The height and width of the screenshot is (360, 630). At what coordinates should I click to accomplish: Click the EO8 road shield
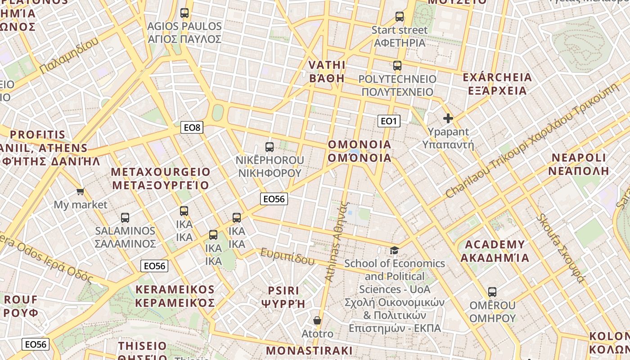pos(192,127)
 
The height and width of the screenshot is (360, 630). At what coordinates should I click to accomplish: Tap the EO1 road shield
pos(388,121)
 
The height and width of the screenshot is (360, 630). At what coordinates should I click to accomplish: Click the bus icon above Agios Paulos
pos(184,13)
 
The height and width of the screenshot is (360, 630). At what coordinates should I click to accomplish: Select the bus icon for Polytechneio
pos(397,66)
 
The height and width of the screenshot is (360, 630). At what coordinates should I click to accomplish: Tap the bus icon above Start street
pos(400,17)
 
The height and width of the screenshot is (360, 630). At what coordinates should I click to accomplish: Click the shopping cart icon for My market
pos(81,192)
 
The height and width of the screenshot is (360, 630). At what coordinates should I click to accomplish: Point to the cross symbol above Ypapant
pos(448,118)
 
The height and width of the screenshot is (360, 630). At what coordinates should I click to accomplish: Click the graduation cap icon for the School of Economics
pos(394,250)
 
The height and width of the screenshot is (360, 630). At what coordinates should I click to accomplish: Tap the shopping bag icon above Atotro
pos(317,320)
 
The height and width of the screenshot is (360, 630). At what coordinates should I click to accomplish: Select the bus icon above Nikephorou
pos(270,147)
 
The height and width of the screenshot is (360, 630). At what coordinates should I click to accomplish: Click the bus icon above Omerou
pos(492,292)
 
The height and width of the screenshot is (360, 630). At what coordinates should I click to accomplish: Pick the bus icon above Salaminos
pos(125,217)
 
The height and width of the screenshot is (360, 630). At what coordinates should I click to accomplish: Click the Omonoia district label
pos(360,151)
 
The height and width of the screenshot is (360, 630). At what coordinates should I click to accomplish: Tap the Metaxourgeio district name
pos(161,179)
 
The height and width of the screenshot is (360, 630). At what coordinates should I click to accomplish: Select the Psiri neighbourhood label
pos(283,297)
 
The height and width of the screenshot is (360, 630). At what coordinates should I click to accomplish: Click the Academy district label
pos(495,251)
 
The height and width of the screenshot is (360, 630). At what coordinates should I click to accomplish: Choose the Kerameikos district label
pos(175,296)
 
